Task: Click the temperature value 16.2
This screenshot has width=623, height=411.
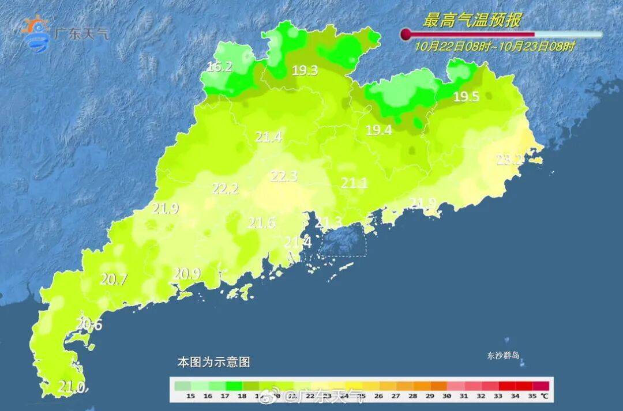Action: pyautogui.click(x=219, y=67)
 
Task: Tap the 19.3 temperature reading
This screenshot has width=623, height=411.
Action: pyautogui.click(x=305, y=71)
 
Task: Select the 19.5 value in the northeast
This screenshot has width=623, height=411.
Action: pyautogui.click(x=466, y=97)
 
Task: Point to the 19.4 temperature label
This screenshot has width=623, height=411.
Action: pyautogui.click(x=379, y=130)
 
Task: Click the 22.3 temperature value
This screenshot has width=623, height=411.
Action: pyautogui.click(x=284, y=176)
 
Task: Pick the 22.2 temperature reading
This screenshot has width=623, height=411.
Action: pyautogui.click(x=226, y=188)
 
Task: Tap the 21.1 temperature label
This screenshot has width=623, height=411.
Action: pyautogui.click(x=354, y=183)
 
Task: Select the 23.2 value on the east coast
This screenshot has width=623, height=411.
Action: pyautogui.click(x=509, y=160)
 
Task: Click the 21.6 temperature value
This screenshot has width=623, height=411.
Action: pyautogui.click(x=261, y=223)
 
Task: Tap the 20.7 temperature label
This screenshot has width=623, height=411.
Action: pyautogui.click(x=114, y=280)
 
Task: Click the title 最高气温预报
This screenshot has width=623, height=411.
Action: pyautogui.click(x=471, y=20)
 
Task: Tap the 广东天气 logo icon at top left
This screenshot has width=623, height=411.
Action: pyautogui.click(x=36, y=33)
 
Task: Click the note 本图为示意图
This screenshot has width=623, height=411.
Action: pyautogui.click(x=213, y=363)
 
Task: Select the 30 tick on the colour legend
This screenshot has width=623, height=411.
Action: pyautogui.click(x=446, y=397)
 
